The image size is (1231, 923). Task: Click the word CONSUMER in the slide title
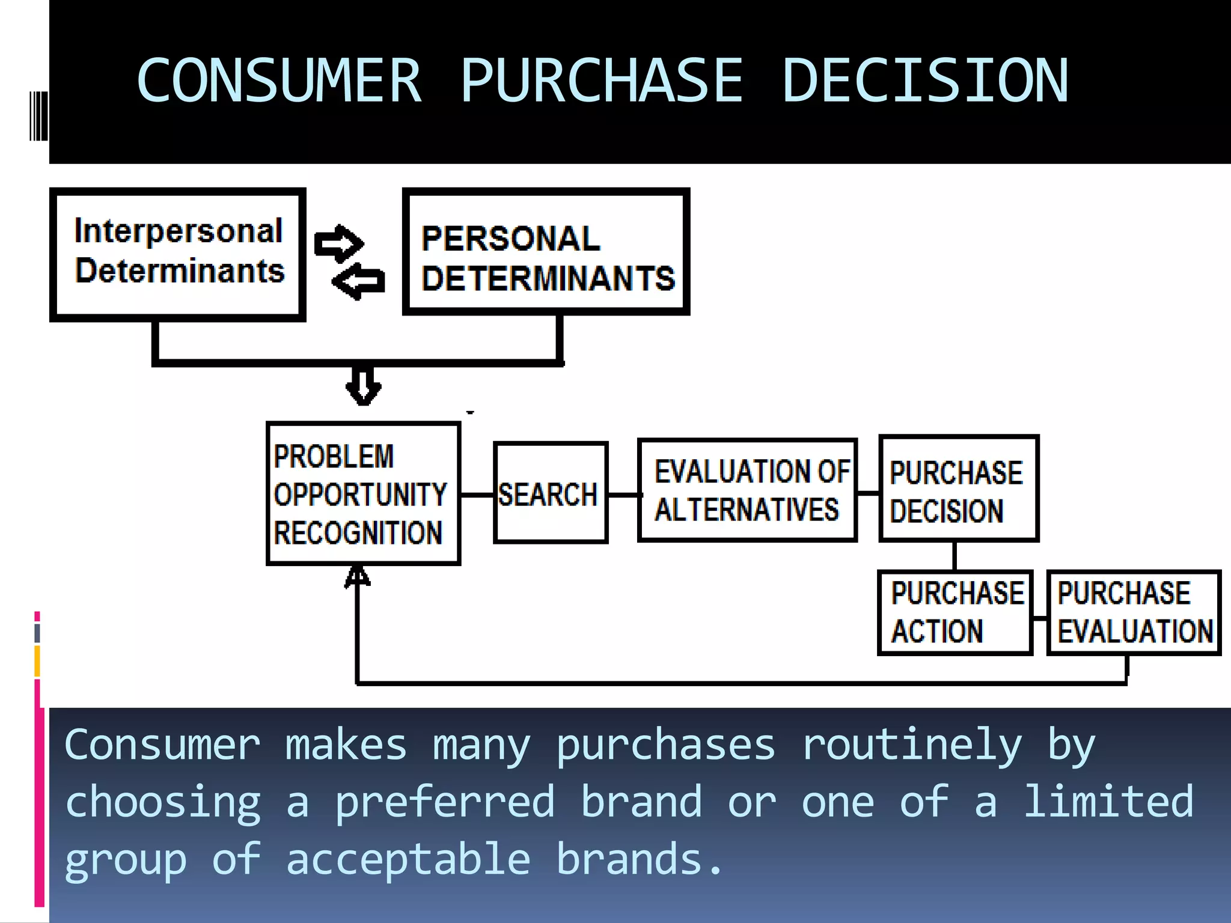pyautogui.click(x=279, y=81)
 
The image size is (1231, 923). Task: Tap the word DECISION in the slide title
pyautogui.click(x=926, y=81)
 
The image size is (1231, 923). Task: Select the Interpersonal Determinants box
pyautogui.click(x=178, y=254)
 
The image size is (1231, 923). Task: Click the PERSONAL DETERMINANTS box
pyautogui.click(x=546, y=252)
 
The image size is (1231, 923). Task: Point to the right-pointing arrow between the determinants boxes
pyautogui.click(x=339, y=243)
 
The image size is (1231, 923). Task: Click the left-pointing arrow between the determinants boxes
pyautogui.click(x=359, y=281)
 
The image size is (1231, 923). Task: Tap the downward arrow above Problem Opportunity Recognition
pyautogui.click(x=363, y=386)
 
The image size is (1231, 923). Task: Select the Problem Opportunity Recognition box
pyautogui.click(x=364, y=493)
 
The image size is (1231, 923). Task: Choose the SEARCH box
pyautogui.click(x=550, y=493)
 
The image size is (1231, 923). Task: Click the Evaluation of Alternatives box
pyautogui.click(x=747, y=490)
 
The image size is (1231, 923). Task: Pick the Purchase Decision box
pyautogui.click(x=959, y=489)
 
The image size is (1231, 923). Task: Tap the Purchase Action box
pyautogui.click(x=955, y=612)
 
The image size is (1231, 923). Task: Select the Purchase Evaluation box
pyautogui.click(x=1134, y=612)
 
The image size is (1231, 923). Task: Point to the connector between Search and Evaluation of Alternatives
pyautogui.click(x=623, y=495)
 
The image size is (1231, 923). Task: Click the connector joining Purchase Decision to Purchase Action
pyautogui.click(x=955, y=556)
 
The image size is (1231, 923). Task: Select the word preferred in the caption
pyautogui.click(x=445, y=803)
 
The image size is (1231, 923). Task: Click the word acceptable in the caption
pyautogui.click(x=408, y=860)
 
